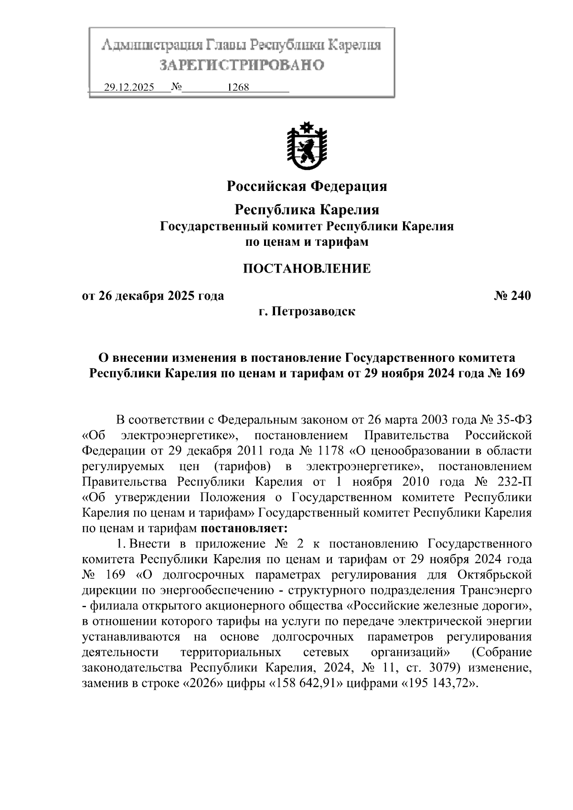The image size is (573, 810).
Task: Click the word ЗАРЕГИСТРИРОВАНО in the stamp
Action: pos(242,65)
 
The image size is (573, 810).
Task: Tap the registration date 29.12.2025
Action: pos(129,88)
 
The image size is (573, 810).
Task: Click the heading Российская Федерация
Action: pos(307,186)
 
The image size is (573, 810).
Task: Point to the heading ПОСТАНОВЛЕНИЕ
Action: pos(307,268)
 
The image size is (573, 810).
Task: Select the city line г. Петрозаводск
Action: pos(307,312)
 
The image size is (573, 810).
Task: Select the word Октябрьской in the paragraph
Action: pos(495,574)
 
